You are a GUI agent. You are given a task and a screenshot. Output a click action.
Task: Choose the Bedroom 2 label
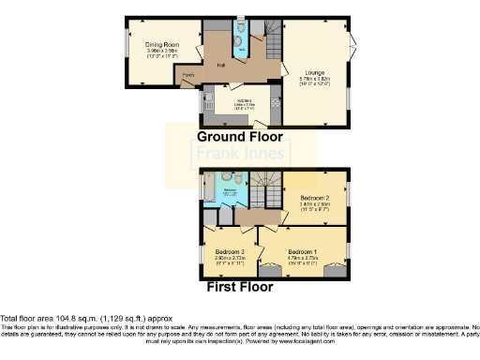click(315, 199)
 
